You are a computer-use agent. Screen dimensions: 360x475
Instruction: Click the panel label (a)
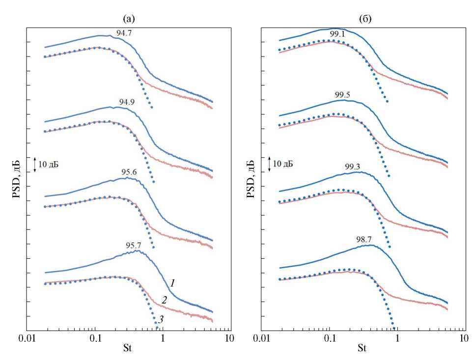[x=129, y=19]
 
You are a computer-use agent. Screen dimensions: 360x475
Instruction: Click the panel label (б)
[x=364, y=19]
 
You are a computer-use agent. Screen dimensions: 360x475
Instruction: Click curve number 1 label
[x=172, y=283]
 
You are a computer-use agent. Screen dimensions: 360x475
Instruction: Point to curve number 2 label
[x=165, y=300]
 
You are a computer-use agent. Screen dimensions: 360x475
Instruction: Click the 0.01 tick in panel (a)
[x=28, y=339]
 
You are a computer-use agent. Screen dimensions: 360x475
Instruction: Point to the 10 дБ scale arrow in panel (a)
[x=35, y=164]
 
